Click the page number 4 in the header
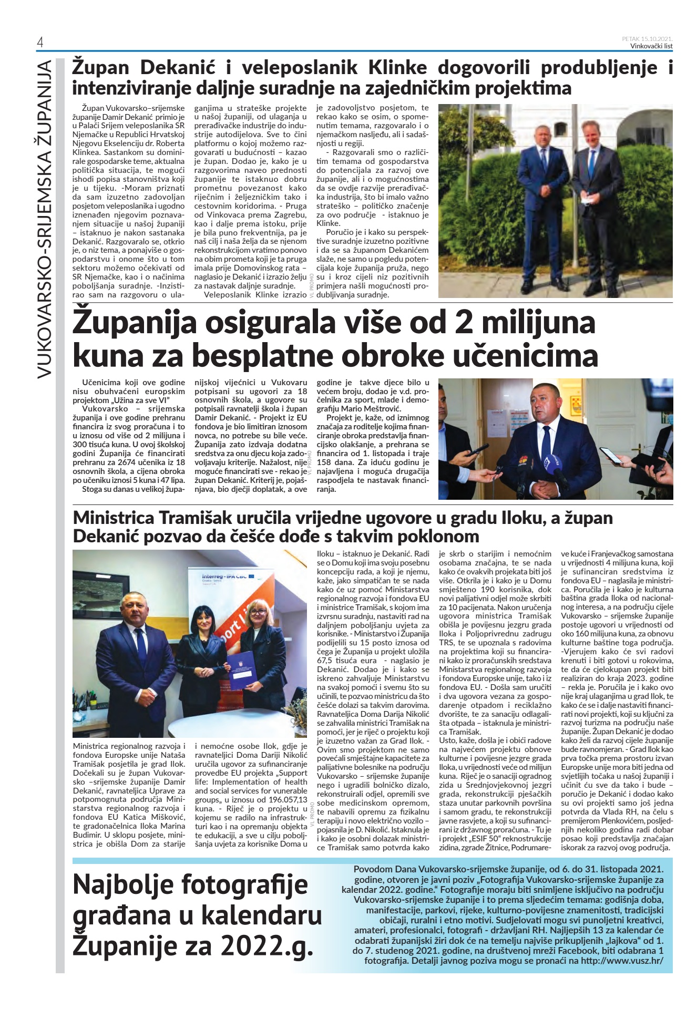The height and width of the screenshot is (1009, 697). (x=40, y=43)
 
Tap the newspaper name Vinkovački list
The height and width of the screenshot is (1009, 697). (x=651, y=46)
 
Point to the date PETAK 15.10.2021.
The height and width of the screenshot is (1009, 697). (x=647, y=39)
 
